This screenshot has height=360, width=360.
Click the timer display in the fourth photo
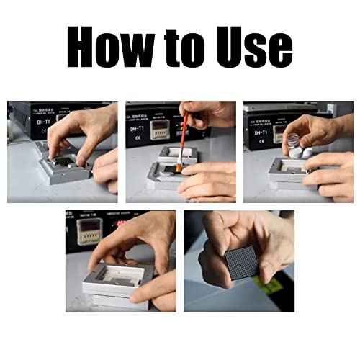point(89,230)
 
